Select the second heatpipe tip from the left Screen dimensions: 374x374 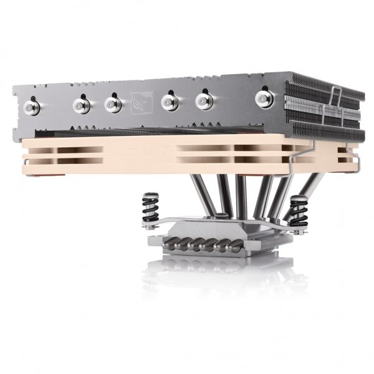81,103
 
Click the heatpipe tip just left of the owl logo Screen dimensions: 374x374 112,102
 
